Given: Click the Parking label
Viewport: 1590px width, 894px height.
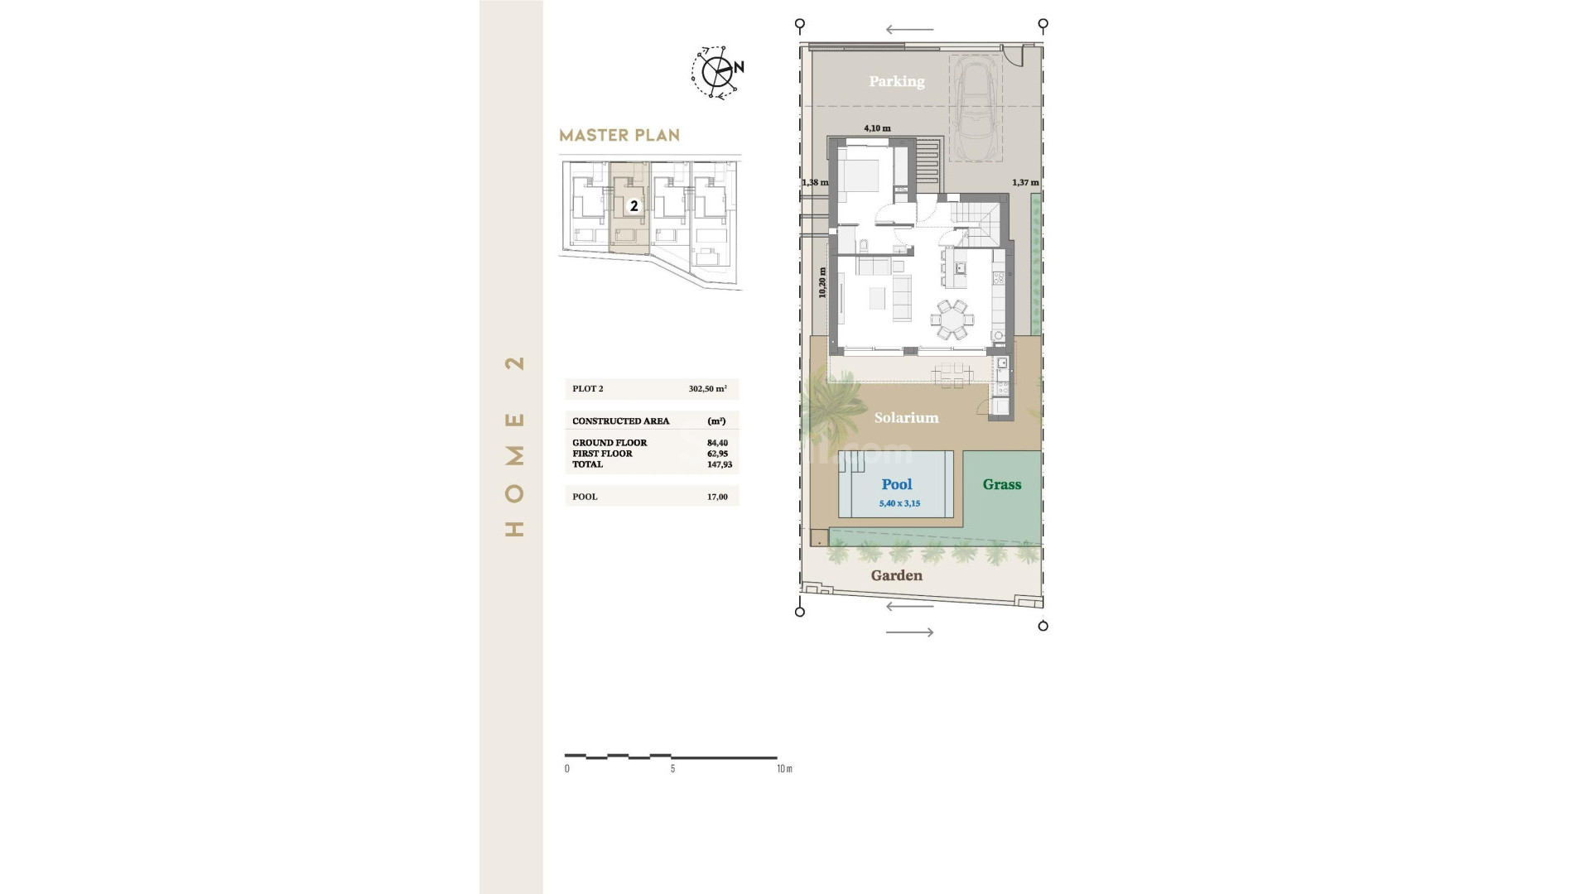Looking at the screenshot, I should point(896,81).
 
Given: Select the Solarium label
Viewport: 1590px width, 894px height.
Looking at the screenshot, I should point(906,418).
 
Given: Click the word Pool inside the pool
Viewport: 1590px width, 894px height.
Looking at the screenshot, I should point(896,484).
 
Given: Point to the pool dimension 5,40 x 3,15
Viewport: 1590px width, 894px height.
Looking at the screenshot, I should point(899,503).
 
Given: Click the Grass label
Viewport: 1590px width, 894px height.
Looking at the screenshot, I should point(1001,484).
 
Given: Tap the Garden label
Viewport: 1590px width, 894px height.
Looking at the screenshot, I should point(896,575).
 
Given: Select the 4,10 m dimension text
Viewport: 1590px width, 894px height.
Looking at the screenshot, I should point(877,128).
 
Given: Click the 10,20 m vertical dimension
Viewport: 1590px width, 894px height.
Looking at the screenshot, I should point(822,283).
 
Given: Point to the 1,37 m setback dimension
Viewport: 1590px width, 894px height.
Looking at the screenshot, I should point(1024,182).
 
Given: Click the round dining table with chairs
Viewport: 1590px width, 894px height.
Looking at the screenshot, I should point(952,320).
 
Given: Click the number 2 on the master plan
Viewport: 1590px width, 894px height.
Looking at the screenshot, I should point(634,206).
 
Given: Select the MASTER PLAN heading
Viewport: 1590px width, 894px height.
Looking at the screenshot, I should point(619,135).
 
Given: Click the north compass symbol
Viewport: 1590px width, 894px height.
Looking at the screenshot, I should point(716,72).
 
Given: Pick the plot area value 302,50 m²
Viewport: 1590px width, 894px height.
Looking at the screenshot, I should point(707,388).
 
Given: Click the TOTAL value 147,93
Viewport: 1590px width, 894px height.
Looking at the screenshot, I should point(719,464).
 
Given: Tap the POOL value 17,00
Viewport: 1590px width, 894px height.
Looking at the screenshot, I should point(717,497).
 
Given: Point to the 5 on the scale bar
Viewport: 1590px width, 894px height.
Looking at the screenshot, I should point(672,769).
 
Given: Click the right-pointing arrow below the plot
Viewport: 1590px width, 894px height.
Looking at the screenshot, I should point(909,632).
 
